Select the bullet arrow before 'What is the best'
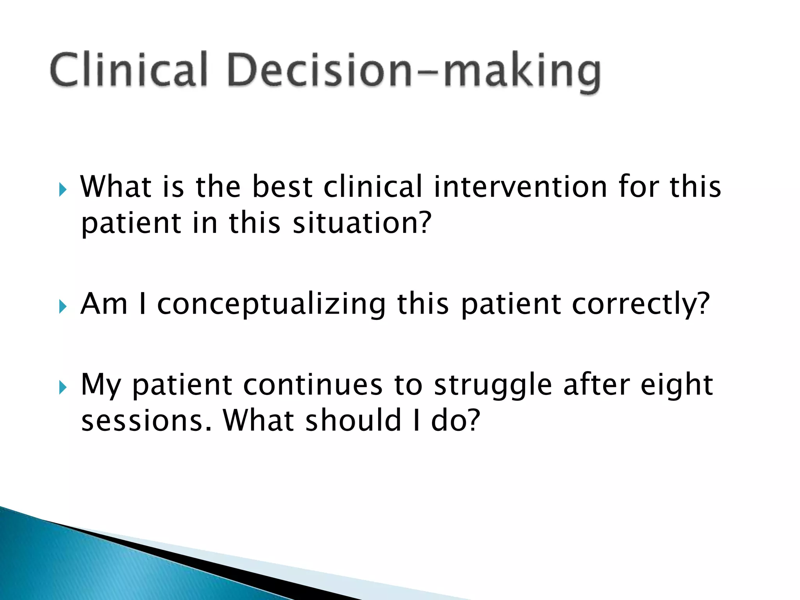(63, 190)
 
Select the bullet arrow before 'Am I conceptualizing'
(63, 307)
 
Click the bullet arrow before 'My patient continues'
(63, 388)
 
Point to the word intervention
(520, 187)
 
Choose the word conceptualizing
(271, 305)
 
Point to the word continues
(312, 385)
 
